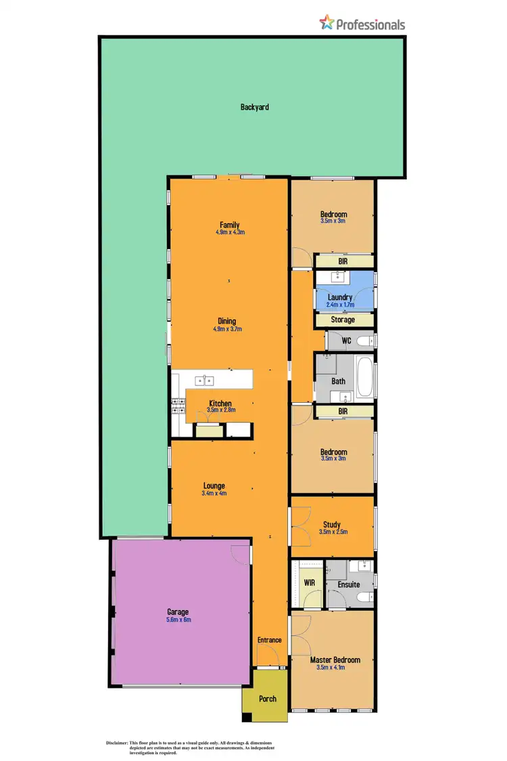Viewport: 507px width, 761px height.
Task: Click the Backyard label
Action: [x=255, y=107]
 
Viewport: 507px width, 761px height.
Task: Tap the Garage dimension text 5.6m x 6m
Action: [x=178, y=619]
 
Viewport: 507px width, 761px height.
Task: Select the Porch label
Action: [x=268, y=699]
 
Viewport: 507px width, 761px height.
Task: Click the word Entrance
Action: [x=269, y=640]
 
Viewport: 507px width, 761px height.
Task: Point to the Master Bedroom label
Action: [x=335, y=659]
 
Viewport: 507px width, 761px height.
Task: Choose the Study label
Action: [x=331, y=524]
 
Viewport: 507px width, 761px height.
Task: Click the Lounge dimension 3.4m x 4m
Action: [x=214, y=494]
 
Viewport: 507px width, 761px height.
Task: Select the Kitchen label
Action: [x=220, y=404]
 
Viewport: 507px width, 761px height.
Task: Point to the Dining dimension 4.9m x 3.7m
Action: [x=227, y=330]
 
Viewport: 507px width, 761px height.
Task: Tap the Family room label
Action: [x=229, y=225]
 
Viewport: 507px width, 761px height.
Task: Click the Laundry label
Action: [x=339, y=297]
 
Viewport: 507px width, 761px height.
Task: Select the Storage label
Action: [x=343, y=320]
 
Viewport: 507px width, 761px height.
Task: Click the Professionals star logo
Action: [x=327, y=24]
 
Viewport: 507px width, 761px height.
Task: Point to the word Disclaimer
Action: [x=117, y=743]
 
